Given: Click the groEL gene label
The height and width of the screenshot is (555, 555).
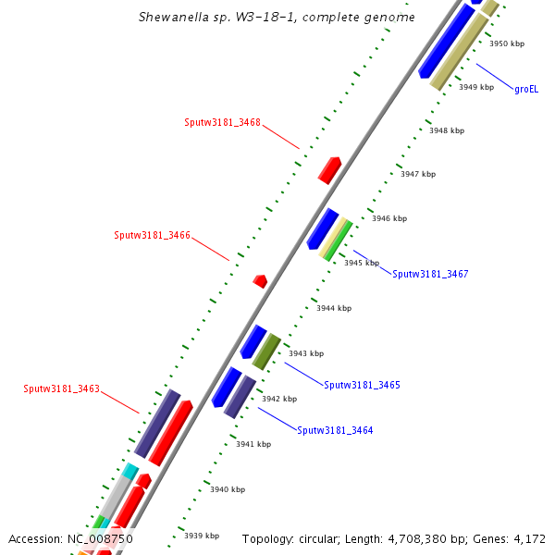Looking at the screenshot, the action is click(x=526, y=90).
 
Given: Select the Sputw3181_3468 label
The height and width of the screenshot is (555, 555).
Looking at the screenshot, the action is click(x=222, y=122).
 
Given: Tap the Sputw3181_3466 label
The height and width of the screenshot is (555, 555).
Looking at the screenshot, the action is click(x=152, y=235).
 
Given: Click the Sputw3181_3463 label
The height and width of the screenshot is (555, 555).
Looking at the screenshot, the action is click(x=61, y=388).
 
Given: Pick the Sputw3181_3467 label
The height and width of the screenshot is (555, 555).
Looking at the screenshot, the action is click(x=430, y=274).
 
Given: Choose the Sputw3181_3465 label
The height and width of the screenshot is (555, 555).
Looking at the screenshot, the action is click(x=362, y=384).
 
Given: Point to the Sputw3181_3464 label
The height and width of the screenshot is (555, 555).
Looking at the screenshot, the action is click(x=335, y=430).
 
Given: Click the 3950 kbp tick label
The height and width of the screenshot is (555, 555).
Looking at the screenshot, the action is click(x=507, y=43).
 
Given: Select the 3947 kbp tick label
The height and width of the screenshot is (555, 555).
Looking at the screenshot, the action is click(x=417, y=174).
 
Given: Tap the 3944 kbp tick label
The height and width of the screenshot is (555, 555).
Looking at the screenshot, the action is click(x=334, y=308).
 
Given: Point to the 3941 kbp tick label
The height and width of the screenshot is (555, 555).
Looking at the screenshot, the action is click(x=253, y=444).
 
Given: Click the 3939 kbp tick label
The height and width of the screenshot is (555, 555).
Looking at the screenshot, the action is click(x=202, y=536).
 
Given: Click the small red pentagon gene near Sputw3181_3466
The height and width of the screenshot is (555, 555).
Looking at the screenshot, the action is click(x=260, y=280).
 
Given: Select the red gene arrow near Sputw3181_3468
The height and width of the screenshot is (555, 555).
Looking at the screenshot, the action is click(x=329, y=169).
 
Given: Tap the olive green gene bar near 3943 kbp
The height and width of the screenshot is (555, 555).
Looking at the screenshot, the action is click(x=266, y=351).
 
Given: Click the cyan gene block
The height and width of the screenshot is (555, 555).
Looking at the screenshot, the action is click(x=129, y=473).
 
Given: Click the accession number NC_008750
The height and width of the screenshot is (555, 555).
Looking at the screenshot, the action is click(x=100, y=538).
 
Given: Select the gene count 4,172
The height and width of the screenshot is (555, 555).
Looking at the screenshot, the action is click(x=528, y=538).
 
